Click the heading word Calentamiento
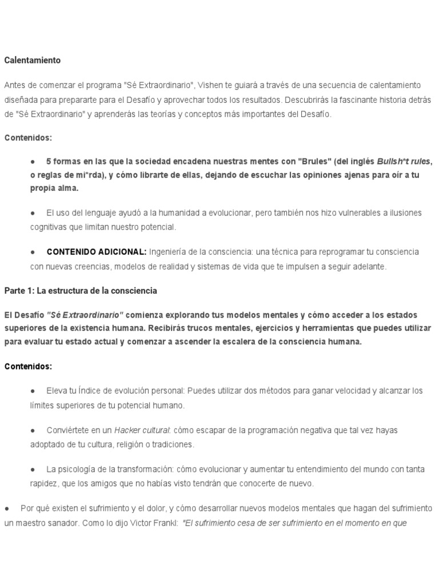coord(32,60)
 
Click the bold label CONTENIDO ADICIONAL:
coord(97,252)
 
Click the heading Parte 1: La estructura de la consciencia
coord(80,291)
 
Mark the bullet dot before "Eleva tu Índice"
coord(33,391)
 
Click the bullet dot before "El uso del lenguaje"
coord(33,213)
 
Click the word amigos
coord(112,483)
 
